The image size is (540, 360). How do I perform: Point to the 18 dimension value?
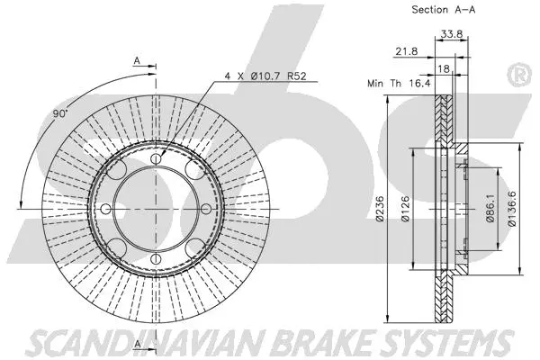pos(444,67)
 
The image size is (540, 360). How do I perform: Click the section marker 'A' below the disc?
pos(136,345)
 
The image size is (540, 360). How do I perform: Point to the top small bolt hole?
pos(158,159)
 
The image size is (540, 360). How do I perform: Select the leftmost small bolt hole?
pos(107,210)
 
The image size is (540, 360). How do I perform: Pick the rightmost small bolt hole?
pos(209,210)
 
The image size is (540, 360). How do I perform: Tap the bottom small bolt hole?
pos(158,261)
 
